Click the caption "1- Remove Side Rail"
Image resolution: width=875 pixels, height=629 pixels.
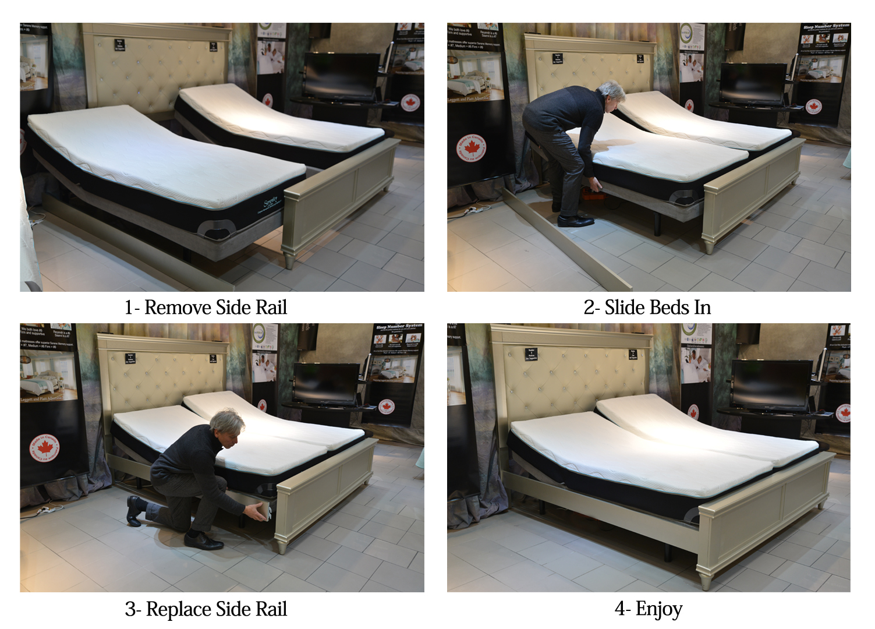click(206, 307)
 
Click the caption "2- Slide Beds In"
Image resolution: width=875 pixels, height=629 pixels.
click(647, 307)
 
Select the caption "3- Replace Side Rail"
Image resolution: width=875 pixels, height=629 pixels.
click(206, 609)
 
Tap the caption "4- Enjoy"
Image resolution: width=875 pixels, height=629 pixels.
click(648, 609)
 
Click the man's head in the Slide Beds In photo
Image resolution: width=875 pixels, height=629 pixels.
click(611, 93)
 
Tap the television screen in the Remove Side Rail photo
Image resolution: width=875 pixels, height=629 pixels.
click(341, 75)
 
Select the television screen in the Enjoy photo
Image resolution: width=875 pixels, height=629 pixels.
click(771, 385)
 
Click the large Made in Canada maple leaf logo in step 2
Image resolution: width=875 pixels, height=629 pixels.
click(471, 149)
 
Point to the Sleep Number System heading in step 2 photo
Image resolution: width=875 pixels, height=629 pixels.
click(826, 26)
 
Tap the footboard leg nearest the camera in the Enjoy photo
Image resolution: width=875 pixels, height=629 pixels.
click(705, 581)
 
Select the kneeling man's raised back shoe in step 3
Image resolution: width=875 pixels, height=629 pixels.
click(133, 510)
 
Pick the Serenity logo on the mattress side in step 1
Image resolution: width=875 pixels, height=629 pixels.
click(271, 204)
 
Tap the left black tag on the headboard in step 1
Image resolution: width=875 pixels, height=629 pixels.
click(119, 44)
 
